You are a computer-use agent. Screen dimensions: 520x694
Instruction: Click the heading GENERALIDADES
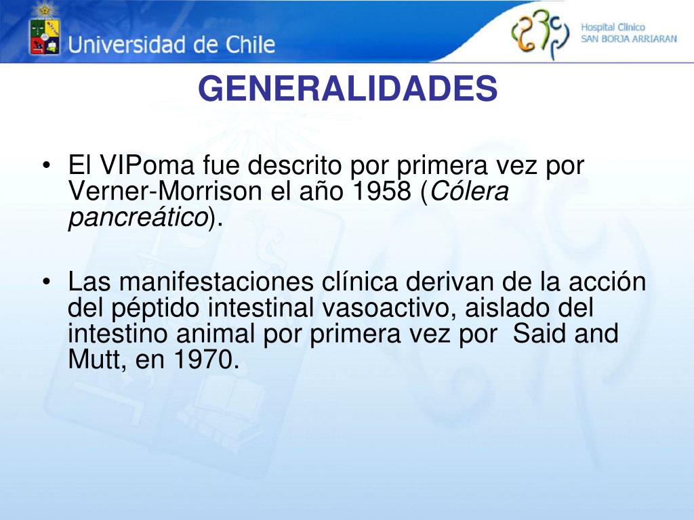(348, 89)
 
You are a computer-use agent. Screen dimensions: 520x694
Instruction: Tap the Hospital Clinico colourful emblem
(540, 35)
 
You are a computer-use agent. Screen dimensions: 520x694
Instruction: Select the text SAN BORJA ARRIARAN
(628, 39)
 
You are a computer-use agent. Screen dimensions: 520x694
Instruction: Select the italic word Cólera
(469, 192)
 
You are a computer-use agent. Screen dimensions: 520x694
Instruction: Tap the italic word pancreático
(138, 217)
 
